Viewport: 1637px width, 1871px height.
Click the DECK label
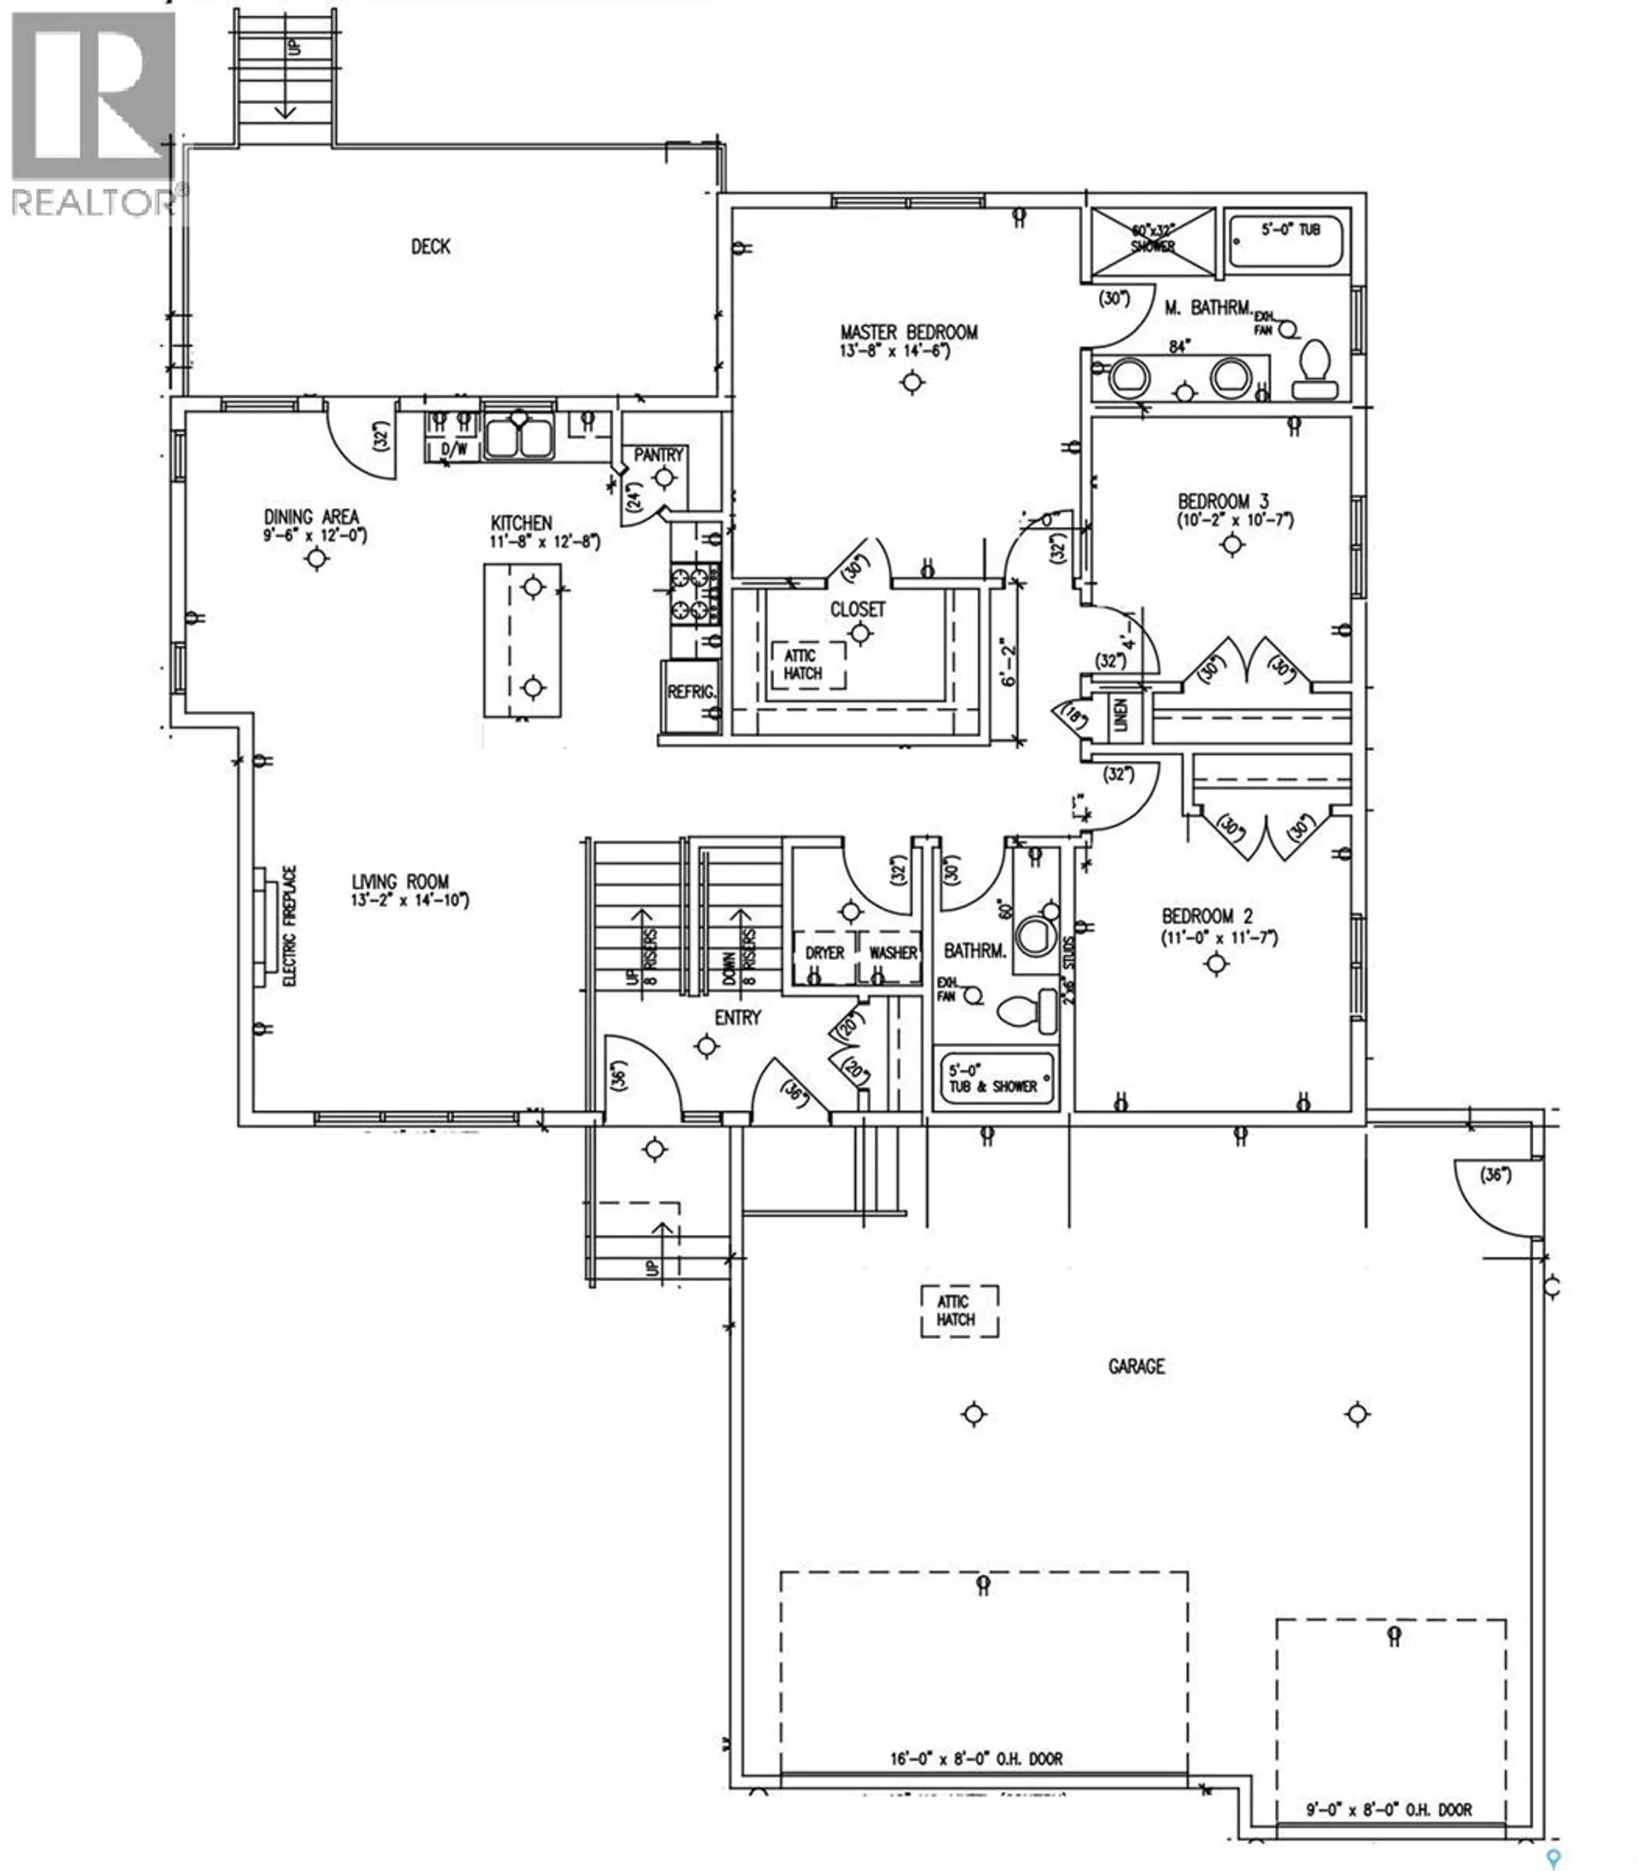point(431,246)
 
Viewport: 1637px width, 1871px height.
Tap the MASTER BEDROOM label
point(909,333)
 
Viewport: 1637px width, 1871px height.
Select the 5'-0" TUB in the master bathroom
point(1287,241)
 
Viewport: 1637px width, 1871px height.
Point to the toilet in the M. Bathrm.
point(1316,371)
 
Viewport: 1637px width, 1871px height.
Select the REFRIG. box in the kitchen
point(691,693)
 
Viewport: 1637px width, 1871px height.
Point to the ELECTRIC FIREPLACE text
point(291,925)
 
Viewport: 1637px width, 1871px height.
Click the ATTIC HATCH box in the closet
point(803,665)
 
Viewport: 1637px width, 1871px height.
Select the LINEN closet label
point(1121,715)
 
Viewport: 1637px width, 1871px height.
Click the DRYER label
point(825,953)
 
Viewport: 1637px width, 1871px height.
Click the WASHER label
point(893,953)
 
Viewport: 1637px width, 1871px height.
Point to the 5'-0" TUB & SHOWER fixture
point(994,1079)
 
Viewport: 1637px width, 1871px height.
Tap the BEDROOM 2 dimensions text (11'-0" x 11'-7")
point(1219,938)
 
